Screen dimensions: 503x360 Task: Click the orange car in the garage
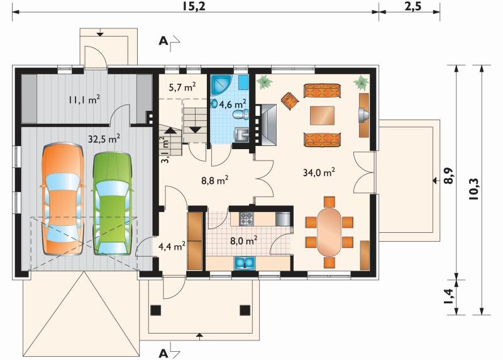pos(62,199)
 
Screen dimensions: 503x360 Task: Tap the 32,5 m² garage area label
pos(104,138)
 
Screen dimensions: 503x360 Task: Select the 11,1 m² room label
pos(84,99)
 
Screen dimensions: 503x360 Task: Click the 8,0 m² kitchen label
pos(244,240)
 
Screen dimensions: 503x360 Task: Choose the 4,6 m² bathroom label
pos(233,104)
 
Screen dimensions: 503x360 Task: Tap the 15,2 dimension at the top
pos(194,6)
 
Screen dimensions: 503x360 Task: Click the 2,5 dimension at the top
pos(412,6)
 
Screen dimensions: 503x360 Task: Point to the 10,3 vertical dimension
pos(474,189)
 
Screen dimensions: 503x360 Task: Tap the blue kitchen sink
pos(245,262)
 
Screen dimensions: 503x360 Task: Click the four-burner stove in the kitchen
pos(246,218)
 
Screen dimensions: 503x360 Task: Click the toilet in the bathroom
pos(241,115)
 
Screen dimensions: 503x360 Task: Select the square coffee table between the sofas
pos(322,116)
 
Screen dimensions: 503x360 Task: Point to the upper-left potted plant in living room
pos(265,82)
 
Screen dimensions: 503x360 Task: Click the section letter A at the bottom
pos(163,354)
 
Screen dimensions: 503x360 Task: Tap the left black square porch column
pos(155,310)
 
